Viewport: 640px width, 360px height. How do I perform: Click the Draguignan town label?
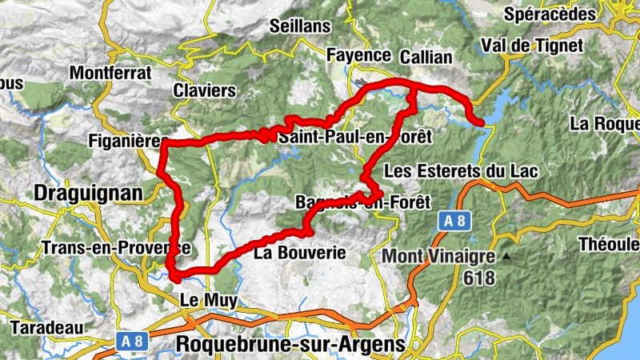pyautogui.click(x=87, y=193)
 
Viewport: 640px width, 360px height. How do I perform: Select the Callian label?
pyautogui.click(x=426, y=58)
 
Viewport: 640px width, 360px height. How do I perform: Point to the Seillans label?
pyautogui.click(x=300, y=26)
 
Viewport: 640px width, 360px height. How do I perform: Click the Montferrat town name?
pyautogui.click(x=110, y=72)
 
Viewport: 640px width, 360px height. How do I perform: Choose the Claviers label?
pyautogui.click(x=205, y=90)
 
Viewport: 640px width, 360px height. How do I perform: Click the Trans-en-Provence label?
pyautogui.click(x=117, y=247)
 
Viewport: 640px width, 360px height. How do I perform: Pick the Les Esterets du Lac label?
pyautogui.click(x=462, y=172)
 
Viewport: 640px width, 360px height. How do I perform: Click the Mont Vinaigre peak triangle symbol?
pyautogui.click(x=506, y=258)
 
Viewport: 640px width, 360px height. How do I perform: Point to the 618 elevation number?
pyautogui.click(x=478, y=278)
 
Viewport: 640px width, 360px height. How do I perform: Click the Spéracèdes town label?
pyautogui.click(x=562, y=14)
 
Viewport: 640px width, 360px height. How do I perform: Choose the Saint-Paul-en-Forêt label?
pyautogui.click(x=354, y=138)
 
